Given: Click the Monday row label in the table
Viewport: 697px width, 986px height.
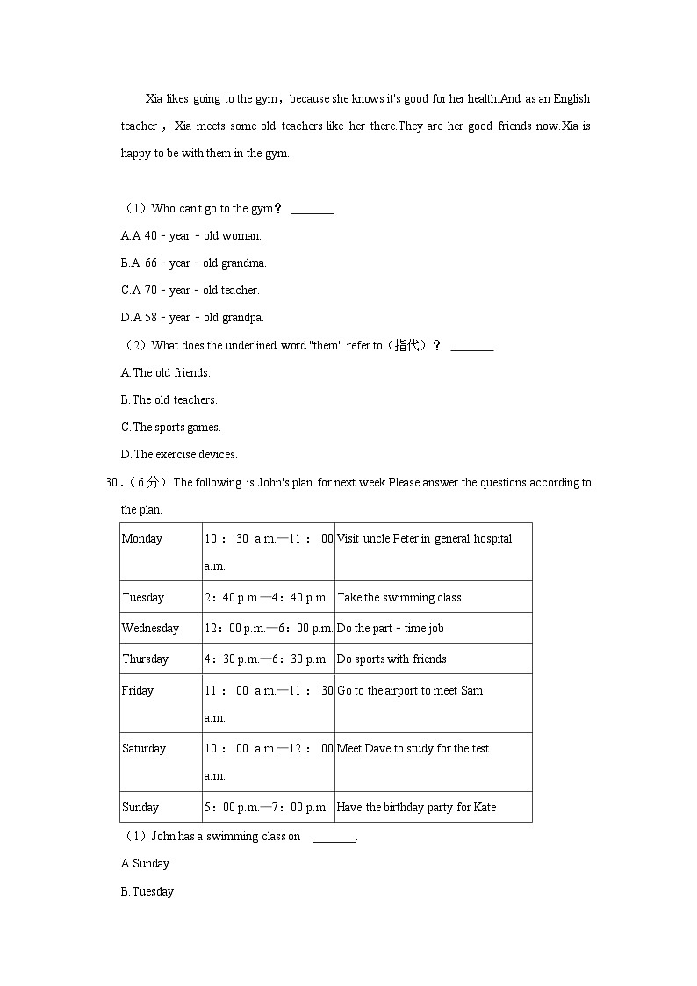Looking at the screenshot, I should point(142,539).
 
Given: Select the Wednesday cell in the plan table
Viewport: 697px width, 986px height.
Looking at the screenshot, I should point(150,629).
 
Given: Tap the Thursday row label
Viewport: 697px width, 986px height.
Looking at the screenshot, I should point(146,659).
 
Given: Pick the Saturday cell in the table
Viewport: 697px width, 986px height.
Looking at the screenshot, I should point(144,749).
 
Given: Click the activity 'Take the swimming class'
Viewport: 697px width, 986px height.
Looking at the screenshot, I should point(399,598).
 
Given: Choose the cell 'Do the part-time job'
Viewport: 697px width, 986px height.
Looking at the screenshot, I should point(391,629).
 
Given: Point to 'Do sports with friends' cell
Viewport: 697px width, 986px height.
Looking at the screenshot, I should point(392,659).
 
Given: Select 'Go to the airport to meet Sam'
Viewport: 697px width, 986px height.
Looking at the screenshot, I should point(410,691).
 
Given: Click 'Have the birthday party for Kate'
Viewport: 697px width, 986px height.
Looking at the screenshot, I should point(416,808).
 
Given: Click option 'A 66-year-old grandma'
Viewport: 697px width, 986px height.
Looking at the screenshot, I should point(193,263).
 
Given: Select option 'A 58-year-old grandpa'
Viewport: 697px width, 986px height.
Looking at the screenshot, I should point(192,318).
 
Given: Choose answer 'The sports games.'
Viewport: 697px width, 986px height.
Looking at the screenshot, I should point(170,428).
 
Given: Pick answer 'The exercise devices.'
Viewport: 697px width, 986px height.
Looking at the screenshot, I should point(179,455).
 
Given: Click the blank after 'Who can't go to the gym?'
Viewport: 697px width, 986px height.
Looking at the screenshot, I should point(312,210).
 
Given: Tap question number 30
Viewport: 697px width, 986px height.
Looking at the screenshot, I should point(111,483).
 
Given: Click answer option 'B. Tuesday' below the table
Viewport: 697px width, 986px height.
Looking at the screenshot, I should point(147,892).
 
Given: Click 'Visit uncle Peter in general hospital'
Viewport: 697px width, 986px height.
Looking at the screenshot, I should point(424,539).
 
